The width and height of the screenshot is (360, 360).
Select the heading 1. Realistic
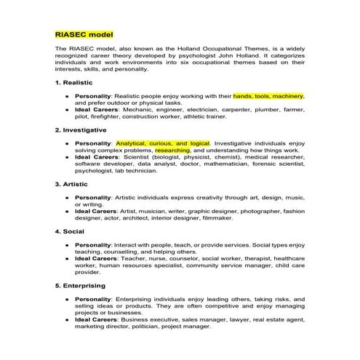(x=75, y=84)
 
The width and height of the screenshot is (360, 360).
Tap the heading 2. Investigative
(x=81, y=131)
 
